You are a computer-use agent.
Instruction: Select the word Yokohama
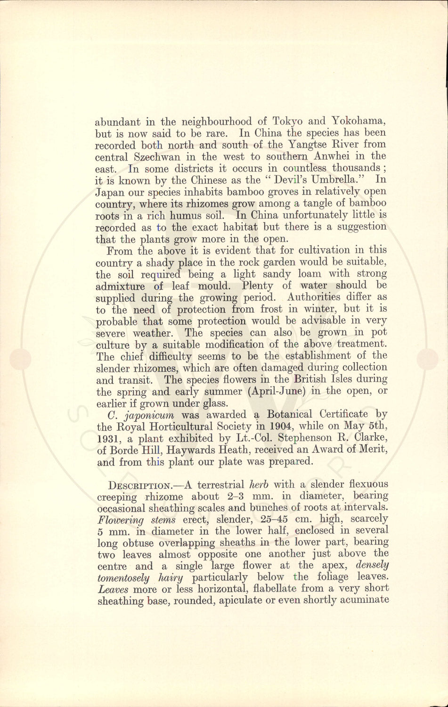point(359,121)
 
